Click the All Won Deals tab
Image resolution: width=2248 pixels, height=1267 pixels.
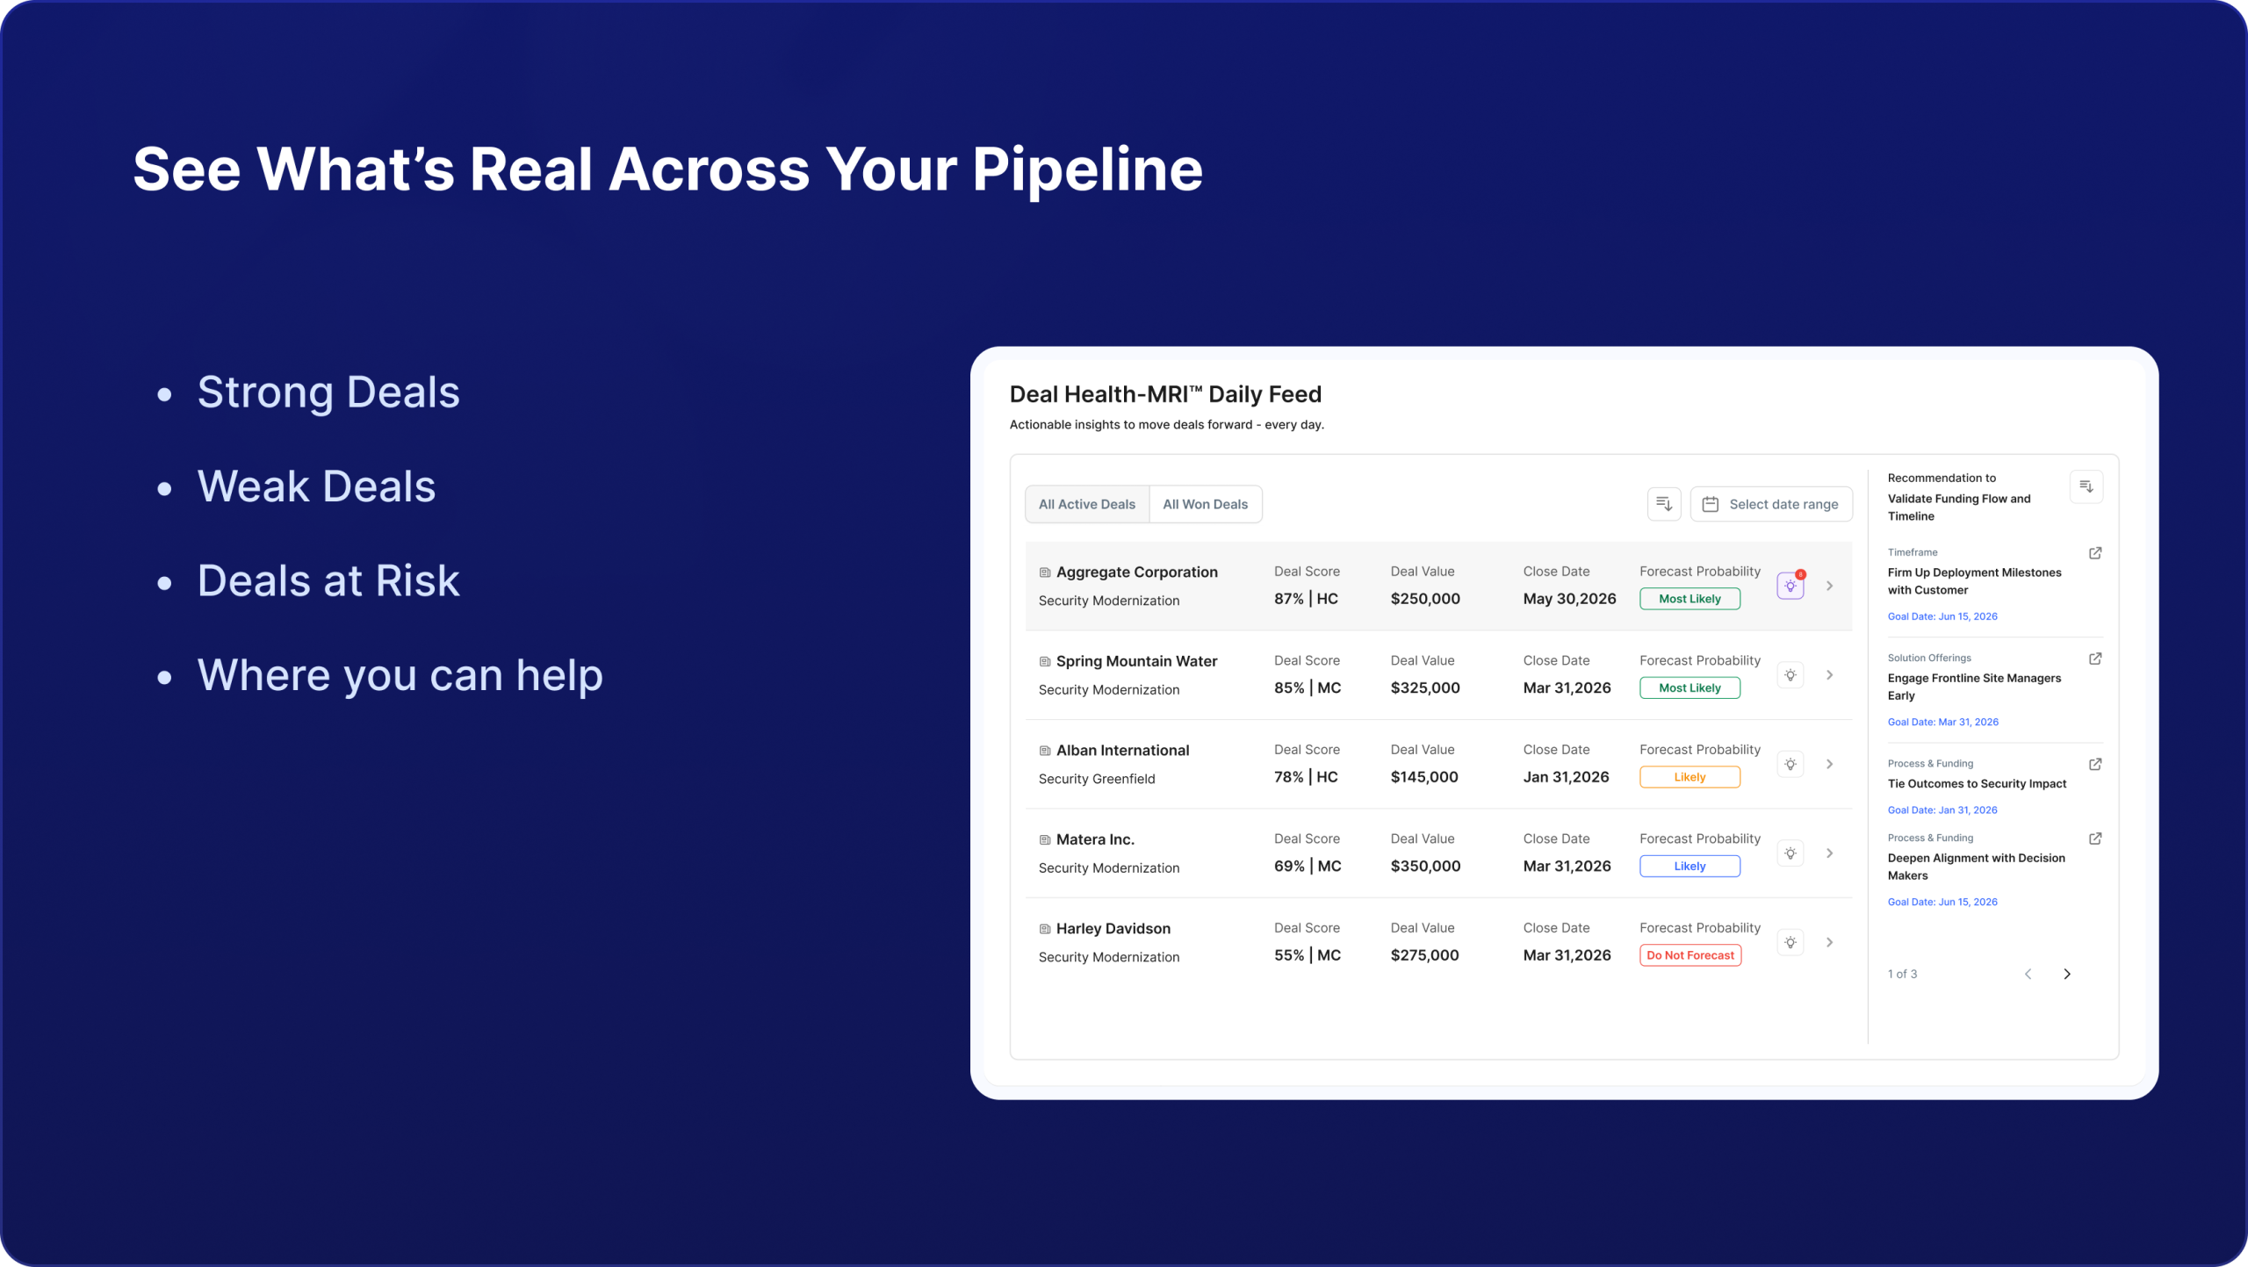[1205, 504]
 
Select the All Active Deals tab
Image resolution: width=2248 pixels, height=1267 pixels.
[1087, 504]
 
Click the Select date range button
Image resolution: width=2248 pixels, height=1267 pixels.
[1771, 504]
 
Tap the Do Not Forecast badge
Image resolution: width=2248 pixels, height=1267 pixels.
[1690, 955]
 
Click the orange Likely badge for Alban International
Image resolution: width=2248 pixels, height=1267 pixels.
[1690, 777]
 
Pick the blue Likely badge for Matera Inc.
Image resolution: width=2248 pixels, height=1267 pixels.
[1690, 866]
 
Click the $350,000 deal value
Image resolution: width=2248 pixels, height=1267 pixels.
[1425, 866]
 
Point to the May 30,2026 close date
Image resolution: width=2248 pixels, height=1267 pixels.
[1569, 599]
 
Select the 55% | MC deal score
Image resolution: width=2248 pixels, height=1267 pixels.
[1308, 955]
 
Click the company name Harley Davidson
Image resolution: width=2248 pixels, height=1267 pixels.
[1113, 929]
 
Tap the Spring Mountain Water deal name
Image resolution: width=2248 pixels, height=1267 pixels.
[1136, 661]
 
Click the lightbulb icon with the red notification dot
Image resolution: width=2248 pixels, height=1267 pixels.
[1790, 585]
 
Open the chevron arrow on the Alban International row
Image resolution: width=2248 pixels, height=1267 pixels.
[1830, 764]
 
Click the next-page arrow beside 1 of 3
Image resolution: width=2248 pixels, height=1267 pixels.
[2067, 974]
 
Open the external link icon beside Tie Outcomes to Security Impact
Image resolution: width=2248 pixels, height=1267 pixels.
[2095, 764]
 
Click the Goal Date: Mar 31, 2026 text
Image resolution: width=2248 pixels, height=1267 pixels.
[1942, 722]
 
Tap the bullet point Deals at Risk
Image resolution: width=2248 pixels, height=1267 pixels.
[328, 580]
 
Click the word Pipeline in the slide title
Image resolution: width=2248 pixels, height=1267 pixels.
[1087, 170]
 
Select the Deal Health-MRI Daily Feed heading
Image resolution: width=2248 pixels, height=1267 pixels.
[1165, 394]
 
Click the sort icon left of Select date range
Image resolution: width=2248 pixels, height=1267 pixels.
[1664, 504]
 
